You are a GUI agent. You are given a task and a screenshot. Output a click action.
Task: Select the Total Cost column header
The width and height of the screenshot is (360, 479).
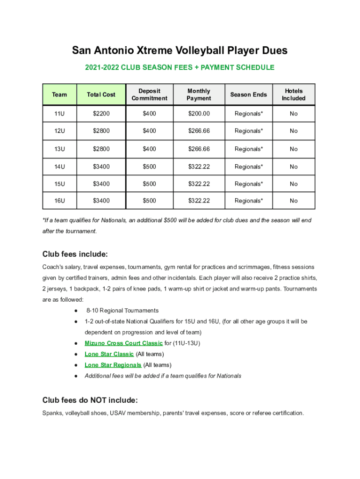click(x=101, y=94)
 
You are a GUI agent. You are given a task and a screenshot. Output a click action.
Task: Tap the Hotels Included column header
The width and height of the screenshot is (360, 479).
click(x=293, y=94)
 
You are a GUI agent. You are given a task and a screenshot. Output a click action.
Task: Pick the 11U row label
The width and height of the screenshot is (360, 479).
click(x=59, y=114)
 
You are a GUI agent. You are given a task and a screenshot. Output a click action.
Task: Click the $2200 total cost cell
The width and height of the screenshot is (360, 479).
click(x=101, y=114)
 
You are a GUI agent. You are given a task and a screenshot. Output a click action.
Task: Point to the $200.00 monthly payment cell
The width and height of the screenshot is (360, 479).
click(x=199, y=114)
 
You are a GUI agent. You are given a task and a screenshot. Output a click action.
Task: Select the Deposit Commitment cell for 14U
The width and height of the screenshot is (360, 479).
click(x=150, y=167)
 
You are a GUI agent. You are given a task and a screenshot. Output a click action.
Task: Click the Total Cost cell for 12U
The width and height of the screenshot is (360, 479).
click(x=101, y=131)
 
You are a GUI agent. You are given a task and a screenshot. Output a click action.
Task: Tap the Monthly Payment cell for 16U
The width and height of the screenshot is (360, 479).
click(x=199, y=201)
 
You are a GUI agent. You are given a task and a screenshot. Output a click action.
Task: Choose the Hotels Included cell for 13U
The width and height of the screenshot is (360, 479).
click(x=293, y=149)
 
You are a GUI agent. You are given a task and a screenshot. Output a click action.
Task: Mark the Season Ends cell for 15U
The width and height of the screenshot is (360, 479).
click(x=248, y=184)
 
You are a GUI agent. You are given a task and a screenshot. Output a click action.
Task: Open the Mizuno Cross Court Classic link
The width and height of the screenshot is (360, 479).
click(x=123, y=343)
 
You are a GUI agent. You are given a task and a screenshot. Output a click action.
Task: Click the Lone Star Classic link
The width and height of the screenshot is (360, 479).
click(x=109, y=354)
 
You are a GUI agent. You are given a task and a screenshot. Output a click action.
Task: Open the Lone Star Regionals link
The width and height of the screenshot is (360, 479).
click(x=113, y=365)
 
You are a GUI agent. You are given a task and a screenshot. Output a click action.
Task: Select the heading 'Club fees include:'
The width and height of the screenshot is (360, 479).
click(x=75, y=254)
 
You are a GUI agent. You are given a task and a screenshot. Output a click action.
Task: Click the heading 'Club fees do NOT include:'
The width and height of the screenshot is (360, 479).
click(x=90, y=400)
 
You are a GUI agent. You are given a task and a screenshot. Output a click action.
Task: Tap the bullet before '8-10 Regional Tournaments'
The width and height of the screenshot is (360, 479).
click(x=76, y=311)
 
